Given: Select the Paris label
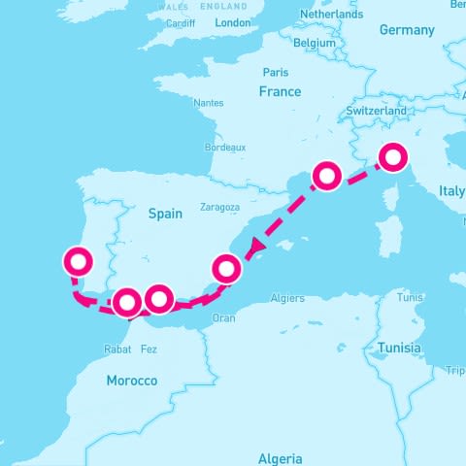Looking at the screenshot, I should click(275, 72).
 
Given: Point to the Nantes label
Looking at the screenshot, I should click(208, 103).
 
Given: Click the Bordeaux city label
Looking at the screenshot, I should click(226, 147).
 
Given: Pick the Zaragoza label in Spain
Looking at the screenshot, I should click(219, 207).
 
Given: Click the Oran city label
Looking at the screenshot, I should click(223, 317).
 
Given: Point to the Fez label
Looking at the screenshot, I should click(149, 349).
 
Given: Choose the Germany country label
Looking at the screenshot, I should click(406, 30).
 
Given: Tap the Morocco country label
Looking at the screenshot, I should click(131, 381).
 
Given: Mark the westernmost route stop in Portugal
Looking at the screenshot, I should click(77, 261).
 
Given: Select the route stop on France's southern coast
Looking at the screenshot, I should click(327, 176).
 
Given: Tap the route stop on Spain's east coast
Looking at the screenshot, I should click(225, 267).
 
